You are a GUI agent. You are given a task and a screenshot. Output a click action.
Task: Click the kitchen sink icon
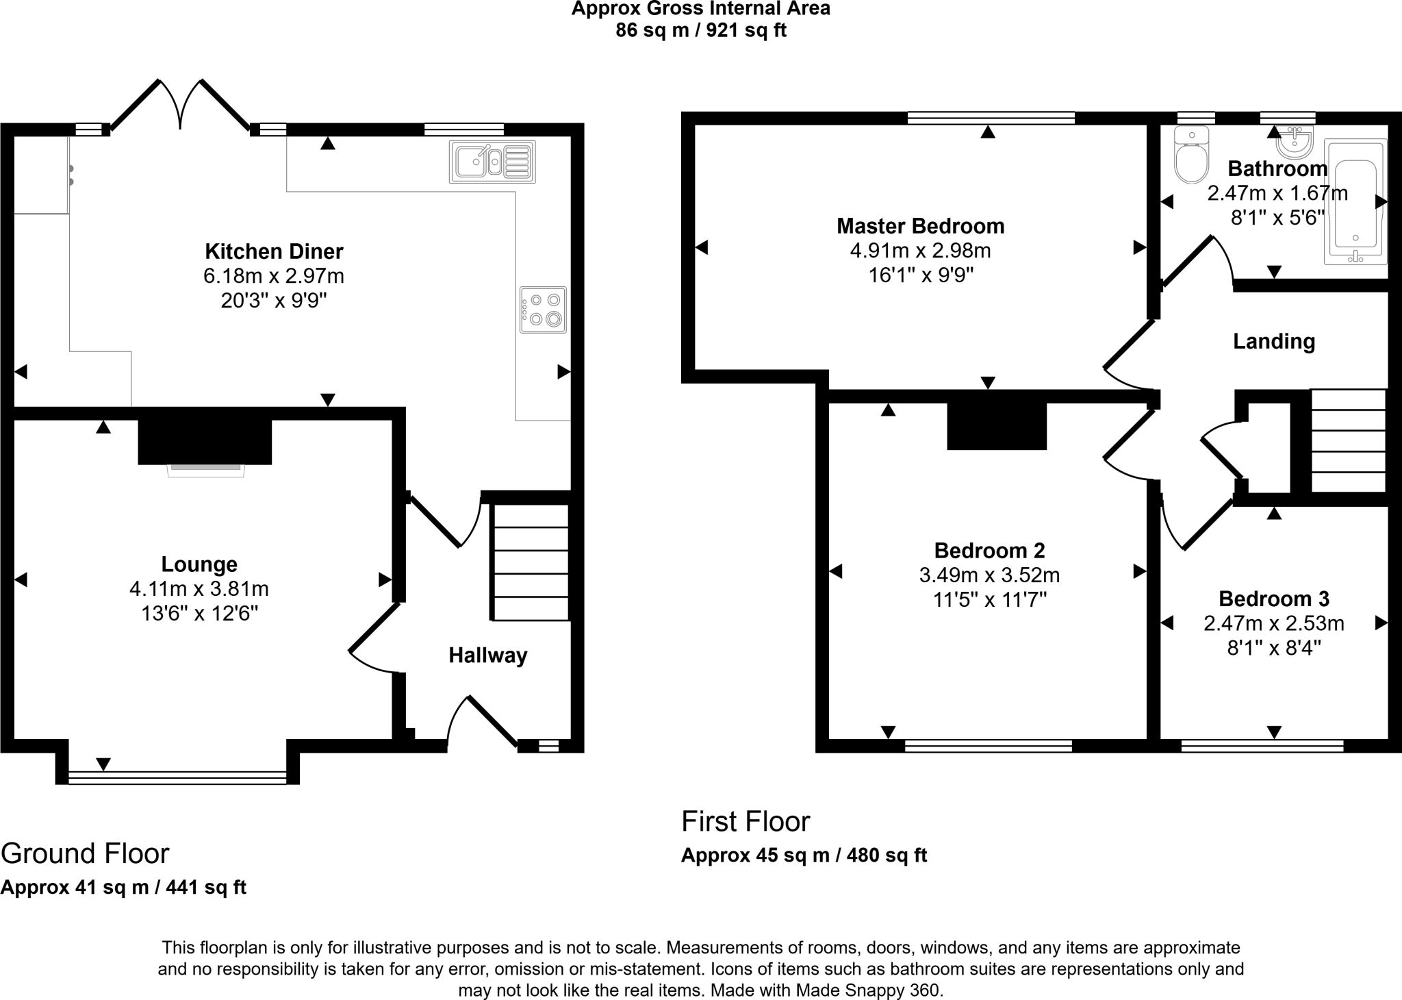[492, 162]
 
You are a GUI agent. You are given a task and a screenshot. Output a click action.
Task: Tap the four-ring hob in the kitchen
[543, 310]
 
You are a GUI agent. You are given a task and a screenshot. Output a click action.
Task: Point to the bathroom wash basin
[1294, 142]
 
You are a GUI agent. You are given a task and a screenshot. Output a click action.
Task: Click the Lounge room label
[199, 564]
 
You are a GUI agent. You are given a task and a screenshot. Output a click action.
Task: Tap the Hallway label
[487, 655]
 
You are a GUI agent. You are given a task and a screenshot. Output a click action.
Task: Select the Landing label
[1273, 341]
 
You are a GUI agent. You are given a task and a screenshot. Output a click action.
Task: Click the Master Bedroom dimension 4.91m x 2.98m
[920, 251]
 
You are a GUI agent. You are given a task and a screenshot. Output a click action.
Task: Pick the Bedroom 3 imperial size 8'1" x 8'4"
[1273, 648]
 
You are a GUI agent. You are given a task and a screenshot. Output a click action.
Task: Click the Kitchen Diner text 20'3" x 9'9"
[274, 301]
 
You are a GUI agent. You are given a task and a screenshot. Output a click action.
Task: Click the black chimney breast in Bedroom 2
[997, 426]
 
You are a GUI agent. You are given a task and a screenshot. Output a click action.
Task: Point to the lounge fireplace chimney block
[205, 442]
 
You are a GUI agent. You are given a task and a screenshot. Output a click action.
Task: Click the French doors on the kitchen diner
[180, 106]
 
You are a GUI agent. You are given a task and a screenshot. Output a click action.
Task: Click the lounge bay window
[177, 777]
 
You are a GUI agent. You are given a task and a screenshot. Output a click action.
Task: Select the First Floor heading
[745, 821]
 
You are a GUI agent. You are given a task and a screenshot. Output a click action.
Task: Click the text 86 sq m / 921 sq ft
[701, 31]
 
